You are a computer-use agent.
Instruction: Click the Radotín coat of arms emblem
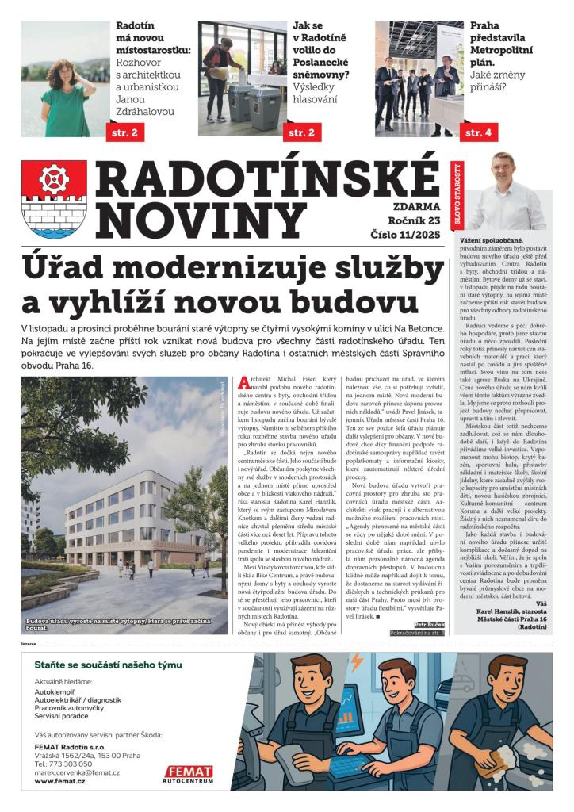click(x=54, y=199)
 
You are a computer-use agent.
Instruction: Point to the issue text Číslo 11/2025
click(x=403, y=235)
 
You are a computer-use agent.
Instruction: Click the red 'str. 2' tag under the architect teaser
click(x=123, y=132)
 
